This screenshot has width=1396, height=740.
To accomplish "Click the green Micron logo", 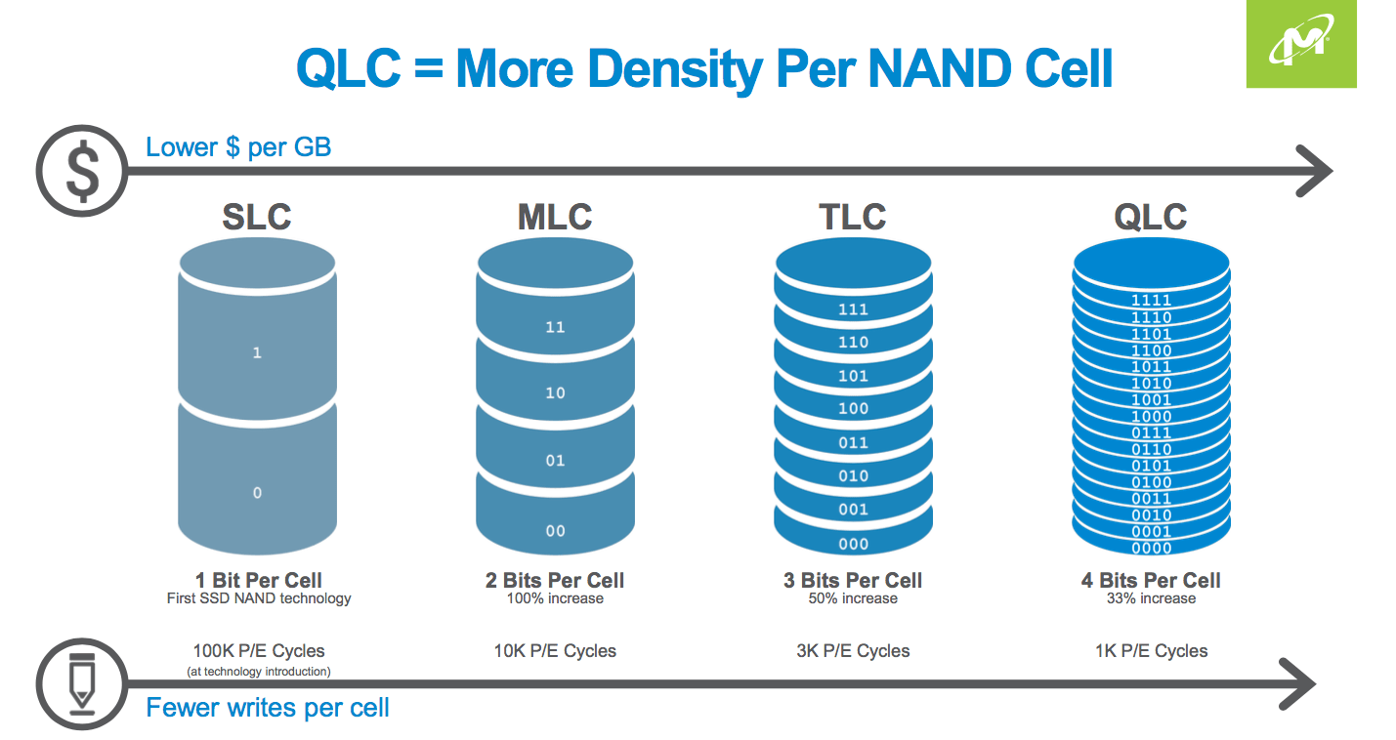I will point(1301,45).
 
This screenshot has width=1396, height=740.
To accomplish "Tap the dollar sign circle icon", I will point(81,173).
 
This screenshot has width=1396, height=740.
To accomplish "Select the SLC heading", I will point(257,217).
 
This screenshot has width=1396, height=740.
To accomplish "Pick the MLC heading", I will point(555,217).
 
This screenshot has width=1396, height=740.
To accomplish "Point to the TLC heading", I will point(853,217).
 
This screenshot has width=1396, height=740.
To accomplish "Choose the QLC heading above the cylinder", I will point(1151,217).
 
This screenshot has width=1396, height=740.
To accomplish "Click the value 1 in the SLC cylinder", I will point(257,352).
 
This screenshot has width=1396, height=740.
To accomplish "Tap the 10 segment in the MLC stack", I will point(555,392).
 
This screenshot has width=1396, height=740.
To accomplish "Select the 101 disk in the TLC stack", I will point(853,376).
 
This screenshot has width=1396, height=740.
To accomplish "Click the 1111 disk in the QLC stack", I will point(1151,301).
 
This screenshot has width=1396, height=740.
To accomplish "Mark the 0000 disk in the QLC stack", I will point(1151,548).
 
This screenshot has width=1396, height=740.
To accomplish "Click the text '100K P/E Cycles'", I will point(259,650).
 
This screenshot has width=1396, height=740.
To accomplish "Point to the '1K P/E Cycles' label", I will point(1151,650).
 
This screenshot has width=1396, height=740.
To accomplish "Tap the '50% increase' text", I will point(853,598).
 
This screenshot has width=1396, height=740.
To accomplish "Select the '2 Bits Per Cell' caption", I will point(555,580).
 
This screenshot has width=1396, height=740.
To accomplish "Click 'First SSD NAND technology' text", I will point(259,598).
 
